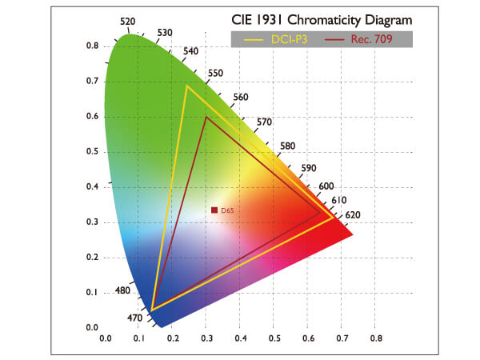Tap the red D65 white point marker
pos(214,210)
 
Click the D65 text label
pos(227,210)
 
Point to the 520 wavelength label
pos(128,21)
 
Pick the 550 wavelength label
pos(215,73)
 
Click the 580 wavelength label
pos(288,146)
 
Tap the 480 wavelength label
pos(122,290)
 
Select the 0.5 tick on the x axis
pos(274,338)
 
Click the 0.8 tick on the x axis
pos(376,338)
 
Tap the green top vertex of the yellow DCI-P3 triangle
pos(187,86)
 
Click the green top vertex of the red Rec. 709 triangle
pos(206,117)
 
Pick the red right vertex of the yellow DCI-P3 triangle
pos(334,216)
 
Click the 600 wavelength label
pos(326,186)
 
